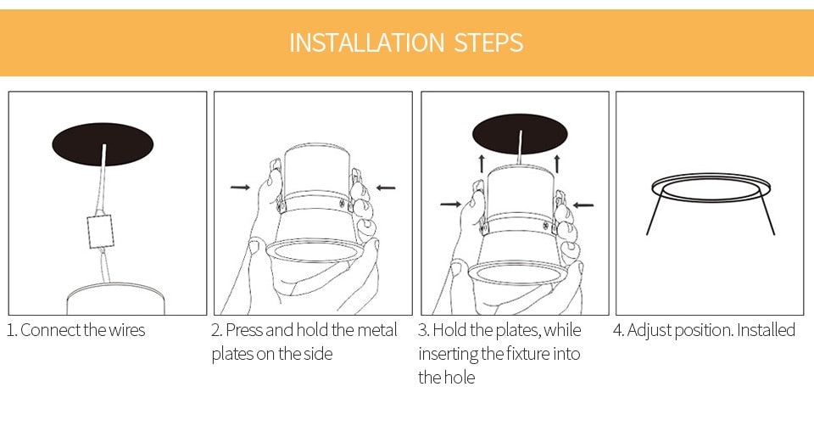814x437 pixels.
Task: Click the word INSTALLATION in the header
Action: click(x=366, y=42)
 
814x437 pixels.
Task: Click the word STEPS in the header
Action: click(x=488, y=42)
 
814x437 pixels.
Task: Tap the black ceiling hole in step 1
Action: click(x=103, y=144)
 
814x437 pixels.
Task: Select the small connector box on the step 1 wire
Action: click(x=100, y=232)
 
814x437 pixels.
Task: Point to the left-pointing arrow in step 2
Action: click(x=386, y=188)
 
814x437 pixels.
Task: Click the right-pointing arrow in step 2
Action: click(x=240, y=187)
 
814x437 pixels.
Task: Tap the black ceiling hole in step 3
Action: click(x=520, y=133)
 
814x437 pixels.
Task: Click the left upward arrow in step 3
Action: click(x=482, y=164)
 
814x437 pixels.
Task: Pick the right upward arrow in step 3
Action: click(x=557, y=164)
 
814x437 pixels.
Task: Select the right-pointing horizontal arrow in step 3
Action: click(x=450, y=204)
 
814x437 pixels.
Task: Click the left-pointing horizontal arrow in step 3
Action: click(x=583, y=205)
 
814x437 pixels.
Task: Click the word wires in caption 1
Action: click(x=126, y=330)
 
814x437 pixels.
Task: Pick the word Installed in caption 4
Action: click(x=766, y=330)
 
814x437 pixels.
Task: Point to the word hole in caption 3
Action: click(x=460, y=378)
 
